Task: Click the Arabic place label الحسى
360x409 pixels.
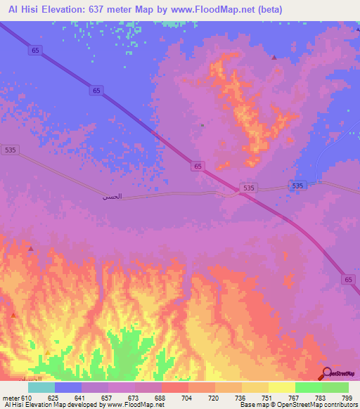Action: [x=112, y=197]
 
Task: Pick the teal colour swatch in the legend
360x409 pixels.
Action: [x=41, y=387]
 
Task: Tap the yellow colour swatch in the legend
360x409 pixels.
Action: [x=281, y=387]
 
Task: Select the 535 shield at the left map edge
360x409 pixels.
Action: [x=9, y=150]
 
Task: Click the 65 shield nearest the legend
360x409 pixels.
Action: [x=349, y=279]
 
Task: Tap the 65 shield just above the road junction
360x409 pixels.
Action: [x=199, y=166]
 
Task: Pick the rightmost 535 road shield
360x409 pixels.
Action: [x=297, y=186]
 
